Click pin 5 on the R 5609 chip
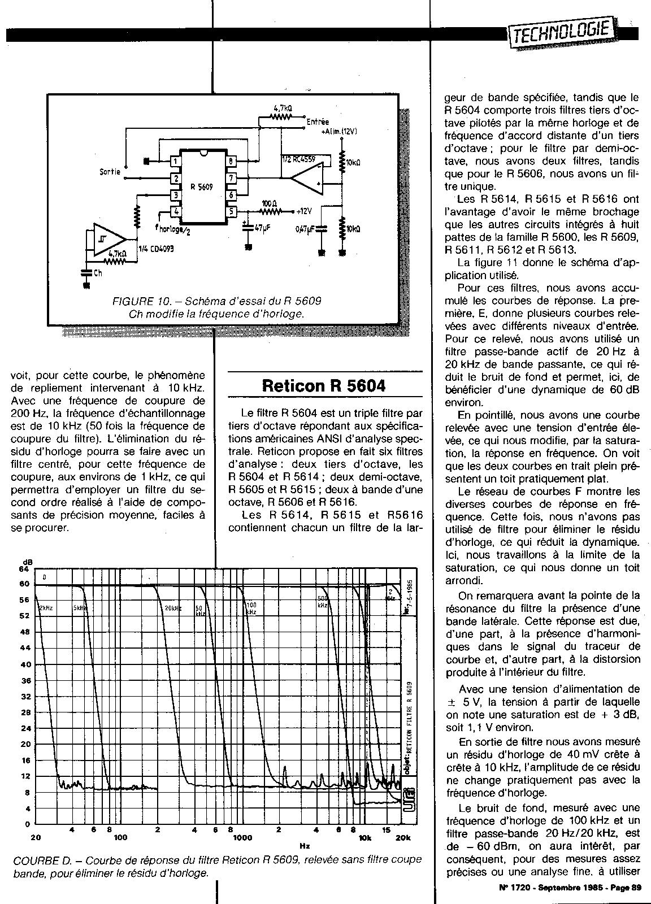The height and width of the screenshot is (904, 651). pos(232,212)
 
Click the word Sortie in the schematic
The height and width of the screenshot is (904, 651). pos(108,172)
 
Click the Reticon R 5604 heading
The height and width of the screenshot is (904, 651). pos(324,386)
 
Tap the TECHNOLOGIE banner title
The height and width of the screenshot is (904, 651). pos(561,32)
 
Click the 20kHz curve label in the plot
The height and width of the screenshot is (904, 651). pos(172,608)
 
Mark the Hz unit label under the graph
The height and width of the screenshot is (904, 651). pos(305,846)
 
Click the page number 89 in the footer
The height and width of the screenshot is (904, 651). pos(635,887)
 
